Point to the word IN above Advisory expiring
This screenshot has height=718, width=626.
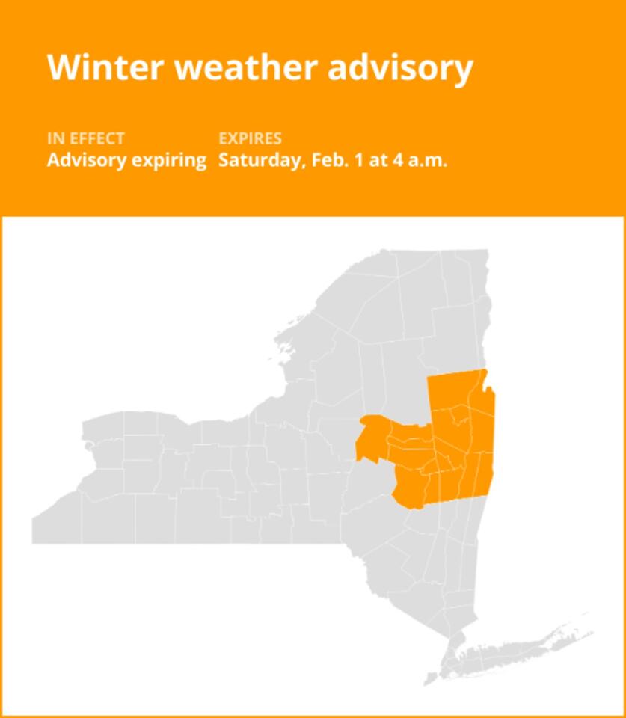(55, 138)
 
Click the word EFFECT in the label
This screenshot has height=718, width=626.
(96, 138)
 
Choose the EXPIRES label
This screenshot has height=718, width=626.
(250, 138)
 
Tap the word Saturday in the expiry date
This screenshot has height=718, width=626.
(259, 160)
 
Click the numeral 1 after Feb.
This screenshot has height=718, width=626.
(362, 160)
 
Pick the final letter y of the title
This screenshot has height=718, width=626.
(464, 71)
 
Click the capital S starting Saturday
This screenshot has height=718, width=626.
(224, 160)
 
